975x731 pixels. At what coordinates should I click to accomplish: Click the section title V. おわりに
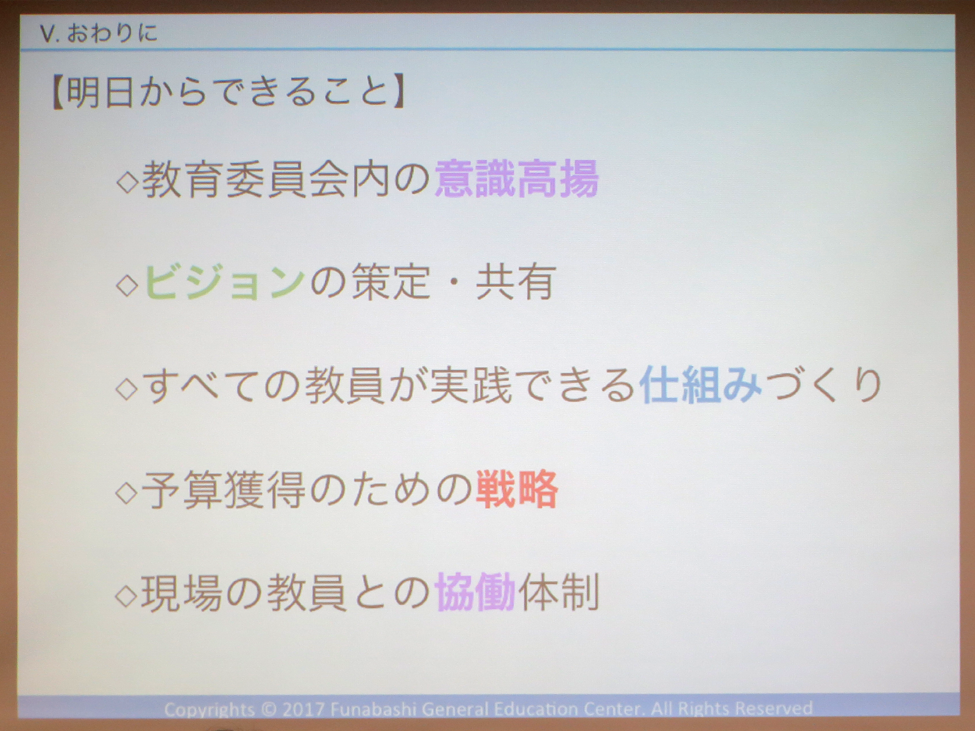tap(98, 32)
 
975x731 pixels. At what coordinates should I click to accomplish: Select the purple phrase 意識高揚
tap(516, 179)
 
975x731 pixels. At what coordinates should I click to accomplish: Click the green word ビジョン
tap(224, 283)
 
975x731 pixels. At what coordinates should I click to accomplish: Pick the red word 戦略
tap(517, 489)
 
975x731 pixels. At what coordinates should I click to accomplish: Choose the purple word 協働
tap(475, 592)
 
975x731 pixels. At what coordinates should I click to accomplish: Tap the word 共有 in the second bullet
tap(516, 283)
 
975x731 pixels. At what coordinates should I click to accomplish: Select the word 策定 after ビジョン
tap(391, 283)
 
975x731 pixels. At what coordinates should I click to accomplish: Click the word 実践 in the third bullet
tap(470, 386)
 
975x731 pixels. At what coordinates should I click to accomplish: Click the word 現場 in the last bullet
tap(182, 593)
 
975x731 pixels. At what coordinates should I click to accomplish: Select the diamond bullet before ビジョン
tap(127, 285)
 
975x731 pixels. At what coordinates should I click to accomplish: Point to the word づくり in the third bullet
tap(823, 386)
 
